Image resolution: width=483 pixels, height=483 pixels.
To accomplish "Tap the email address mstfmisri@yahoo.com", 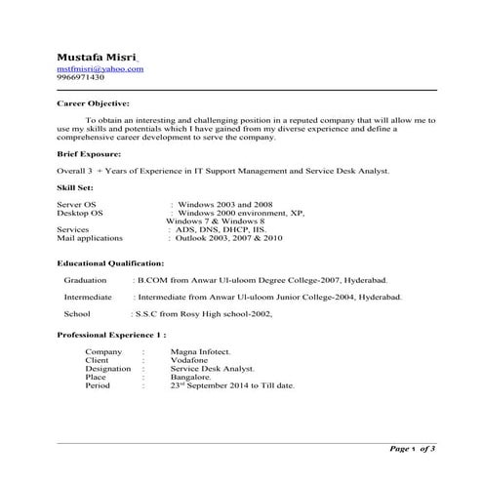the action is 100,68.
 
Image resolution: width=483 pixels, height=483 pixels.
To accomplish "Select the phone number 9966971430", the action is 82,78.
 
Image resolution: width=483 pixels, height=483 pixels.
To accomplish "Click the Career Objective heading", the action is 94,101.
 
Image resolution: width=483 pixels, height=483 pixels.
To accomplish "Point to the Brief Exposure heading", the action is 90,154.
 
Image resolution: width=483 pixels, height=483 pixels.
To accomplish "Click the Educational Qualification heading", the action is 110,263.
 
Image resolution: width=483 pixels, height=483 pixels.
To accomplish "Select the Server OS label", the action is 77,204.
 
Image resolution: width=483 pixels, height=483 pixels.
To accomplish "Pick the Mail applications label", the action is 90,237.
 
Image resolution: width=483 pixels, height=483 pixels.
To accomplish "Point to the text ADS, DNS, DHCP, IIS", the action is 220,229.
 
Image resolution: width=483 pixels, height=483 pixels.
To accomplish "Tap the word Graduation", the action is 85,279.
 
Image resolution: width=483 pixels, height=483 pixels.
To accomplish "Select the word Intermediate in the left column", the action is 87,296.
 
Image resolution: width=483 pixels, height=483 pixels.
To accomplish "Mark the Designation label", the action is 108,369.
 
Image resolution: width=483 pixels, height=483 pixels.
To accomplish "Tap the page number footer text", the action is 413,448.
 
